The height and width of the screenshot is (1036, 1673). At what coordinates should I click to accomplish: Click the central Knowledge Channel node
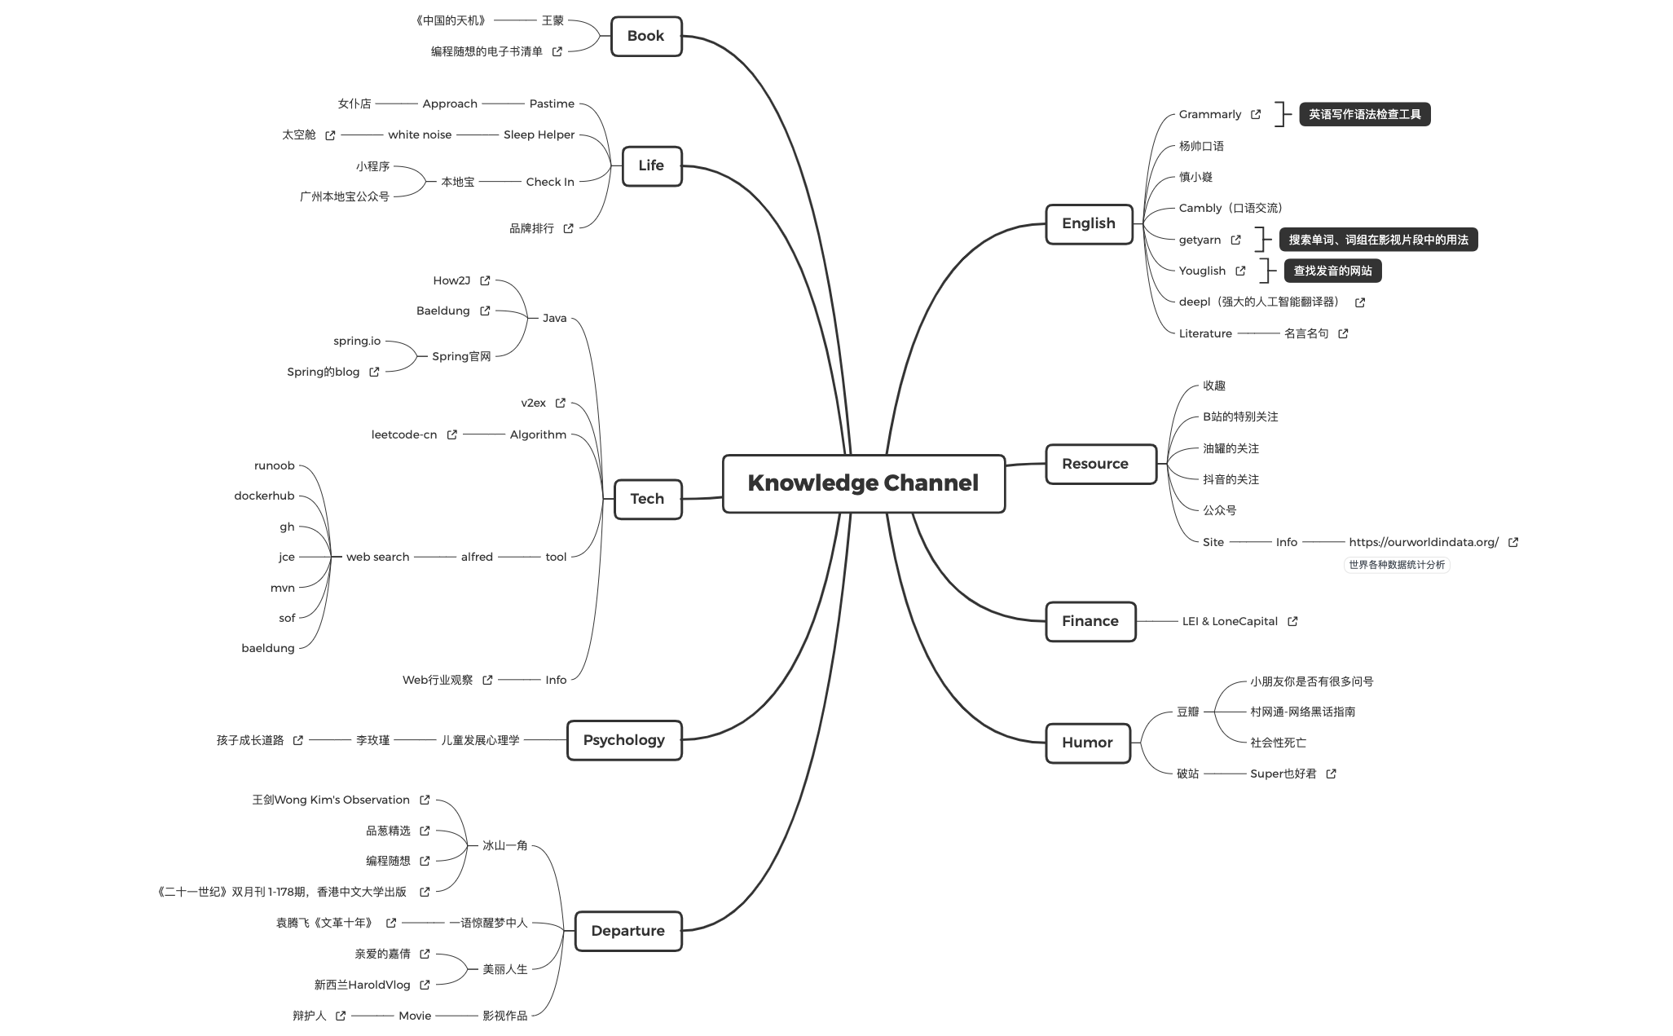point(863,483)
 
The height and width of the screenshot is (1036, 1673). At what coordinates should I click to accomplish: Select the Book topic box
point(645,36)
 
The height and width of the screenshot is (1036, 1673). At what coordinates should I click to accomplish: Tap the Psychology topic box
point(623,740)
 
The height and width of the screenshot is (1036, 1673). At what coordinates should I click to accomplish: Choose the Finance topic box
point(1090,621)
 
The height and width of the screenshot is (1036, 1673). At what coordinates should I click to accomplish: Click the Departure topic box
point(627,931)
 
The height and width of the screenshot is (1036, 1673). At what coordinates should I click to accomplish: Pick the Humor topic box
point(1087,743)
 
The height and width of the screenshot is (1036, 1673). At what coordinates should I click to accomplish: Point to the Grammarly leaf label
point(1209,115)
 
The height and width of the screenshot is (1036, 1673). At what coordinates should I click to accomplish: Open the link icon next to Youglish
point(1240,271)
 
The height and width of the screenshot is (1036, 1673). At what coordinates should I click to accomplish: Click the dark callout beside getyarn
point(1377,240)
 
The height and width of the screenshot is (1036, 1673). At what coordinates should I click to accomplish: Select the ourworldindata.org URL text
point(1423,542)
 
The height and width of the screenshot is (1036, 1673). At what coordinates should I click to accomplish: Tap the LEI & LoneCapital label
point(1229,621)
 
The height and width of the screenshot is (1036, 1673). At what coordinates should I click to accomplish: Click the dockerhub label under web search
point(264,496)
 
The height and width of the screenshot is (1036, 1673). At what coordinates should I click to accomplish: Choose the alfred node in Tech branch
point(477,557)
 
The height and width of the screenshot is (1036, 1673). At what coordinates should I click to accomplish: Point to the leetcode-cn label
point(404,434)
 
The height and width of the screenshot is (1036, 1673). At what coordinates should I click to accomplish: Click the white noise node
point(420,134)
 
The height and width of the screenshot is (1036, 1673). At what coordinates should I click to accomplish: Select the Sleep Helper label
point(539,134)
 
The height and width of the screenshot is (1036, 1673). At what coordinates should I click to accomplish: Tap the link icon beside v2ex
point(561,403)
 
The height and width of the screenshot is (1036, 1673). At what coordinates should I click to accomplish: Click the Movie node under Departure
point(415,1016)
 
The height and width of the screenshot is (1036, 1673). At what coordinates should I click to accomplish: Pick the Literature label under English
point(1205,333)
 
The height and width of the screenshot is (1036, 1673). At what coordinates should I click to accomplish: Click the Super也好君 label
point(1283,774)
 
